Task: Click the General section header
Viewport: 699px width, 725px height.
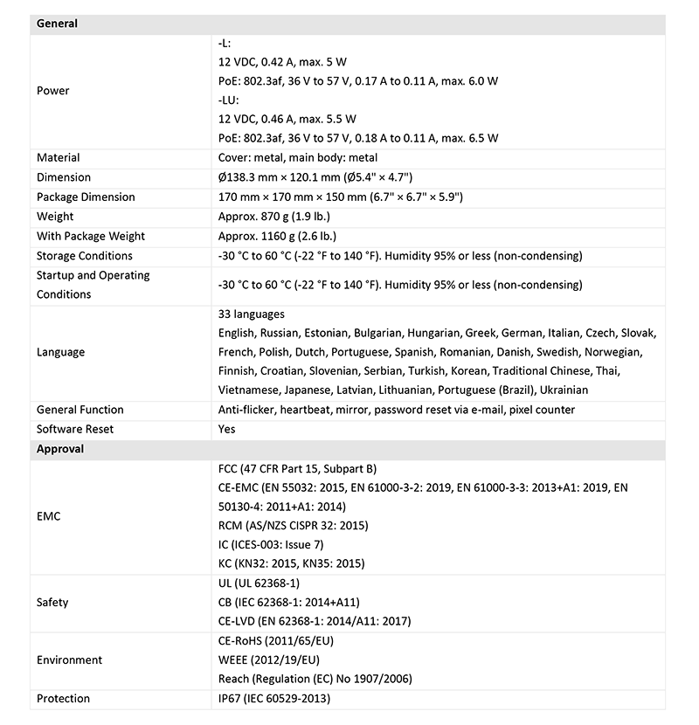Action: [57, 24]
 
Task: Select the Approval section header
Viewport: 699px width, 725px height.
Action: [60, 449]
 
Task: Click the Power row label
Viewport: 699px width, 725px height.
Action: [53, 91]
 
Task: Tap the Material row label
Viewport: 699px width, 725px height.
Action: [58, 158]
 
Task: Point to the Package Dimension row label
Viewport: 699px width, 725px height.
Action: [86, 197]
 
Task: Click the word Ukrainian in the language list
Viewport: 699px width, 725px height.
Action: [563, 390]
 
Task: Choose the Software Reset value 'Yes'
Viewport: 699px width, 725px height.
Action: [226, 429]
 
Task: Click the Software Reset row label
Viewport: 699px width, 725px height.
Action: [75, 429]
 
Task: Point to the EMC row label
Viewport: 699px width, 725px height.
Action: [49, 516]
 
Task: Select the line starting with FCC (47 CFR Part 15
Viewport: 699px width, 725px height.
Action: [297, 469]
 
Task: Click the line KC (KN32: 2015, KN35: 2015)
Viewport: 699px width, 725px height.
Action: [291, 563]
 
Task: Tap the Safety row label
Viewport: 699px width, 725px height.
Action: [52, 602]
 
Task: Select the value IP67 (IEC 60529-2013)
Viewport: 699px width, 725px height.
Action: [274, 699]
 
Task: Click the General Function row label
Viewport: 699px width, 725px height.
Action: [80, 410]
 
